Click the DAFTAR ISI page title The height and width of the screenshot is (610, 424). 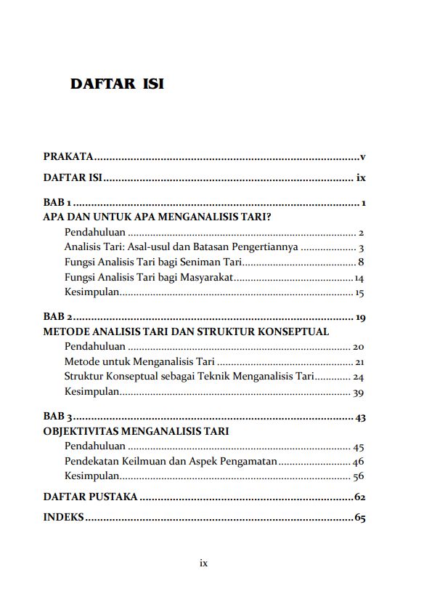click(117, 84)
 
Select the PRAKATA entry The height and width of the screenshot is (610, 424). click(68, 156)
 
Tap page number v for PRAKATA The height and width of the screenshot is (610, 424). click(362, 157)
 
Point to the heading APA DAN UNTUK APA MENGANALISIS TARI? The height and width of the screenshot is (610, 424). click(157, 217)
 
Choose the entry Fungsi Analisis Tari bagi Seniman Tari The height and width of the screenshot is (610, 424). click(152, 262)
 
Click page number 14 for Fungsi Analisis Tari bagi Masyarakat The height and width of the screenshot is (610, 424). click(359, 278)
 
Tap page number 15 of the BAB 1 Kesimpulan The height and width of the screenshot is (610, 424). click(359, 294)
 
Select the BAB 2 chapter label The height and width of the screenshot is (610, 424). click(57, 317)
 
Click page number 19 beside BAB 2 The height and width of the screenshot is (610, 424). click(359, 318)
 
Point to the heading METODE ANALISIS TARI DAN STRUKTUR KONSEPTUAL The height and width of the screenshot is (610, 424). click(186, 332)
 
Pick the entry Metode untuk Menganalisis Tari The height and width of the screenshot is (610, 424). click(139, 362)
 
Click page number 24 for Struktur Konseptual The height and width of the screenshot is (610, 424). click(358, 377)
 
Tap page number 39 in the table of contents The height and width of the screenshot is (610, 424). click(358, 393)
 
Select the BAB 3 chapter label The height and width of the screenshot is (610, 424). click(57, 417)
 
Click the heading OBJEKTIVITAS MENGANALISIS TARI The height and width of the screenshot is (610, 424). click(136, 431)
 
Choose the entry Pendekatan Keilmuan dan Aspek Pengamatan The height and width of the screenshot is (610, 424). click(171, 462)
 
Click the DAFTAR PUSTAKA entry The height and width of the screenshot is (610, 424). click(90, 497)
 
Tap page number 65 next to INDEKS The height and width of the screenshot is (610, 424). click(359, 518)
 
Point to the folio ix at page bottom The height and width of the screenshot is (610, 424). click(203, 563)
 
